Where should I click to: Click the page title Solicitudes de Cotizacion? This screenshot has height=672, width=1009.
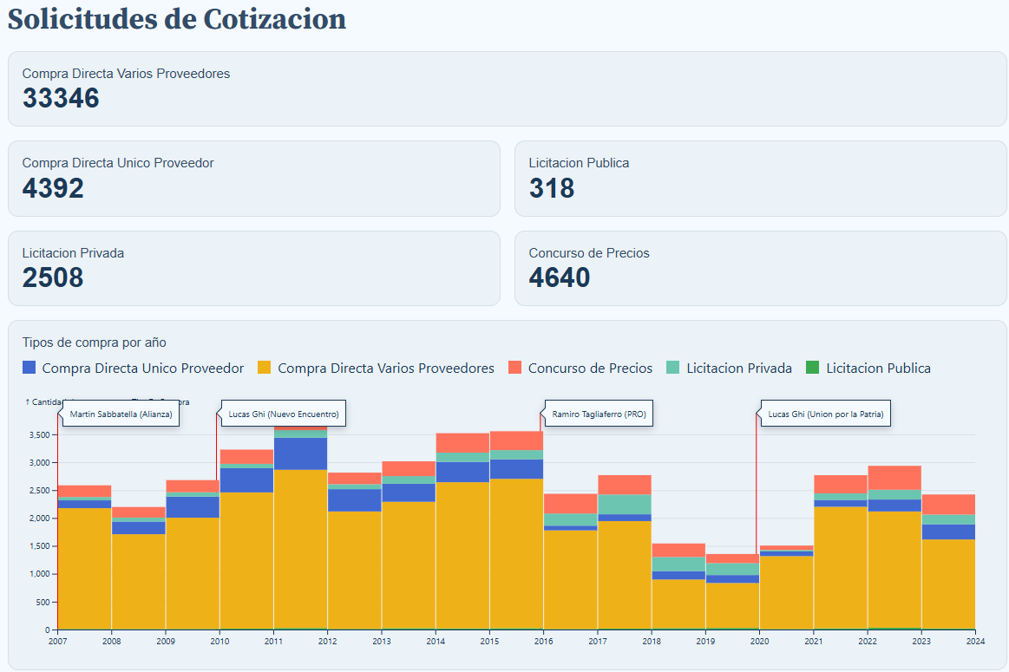click(x=177, y=19)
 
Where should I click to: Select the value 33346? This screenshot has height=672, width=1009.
click(x=61, y=99)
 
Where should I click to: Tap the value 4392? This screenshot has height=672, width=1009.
click(x=53, y=188)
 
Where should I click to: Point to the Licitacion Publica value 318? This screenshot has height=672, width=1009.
click(x=552, y=188)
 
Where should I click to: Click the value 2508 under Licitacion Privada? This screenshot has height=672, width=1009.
click(x=53, y=277)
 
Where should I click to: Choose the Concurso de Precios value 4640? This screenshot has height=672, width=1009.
click(x=560, y=277)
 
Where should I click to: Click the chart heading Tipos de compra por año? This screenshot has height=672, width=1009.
click(x=94, y=343)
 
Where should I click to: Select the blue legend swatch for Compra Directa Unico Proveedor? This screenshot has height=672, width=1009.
click(x=29, y=369)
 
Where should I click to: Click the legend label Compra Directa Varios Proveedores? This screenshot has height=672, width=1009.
click(x=385, y=369)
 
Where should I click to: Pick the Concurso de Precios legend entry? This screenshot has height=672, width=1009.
click(x=590, y=369)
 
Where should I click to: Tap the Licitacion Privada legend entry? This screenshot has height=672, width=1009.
click(x=738, y=369)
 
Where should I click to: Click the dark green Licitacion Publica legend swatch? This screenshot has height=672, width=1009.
click(x=813, y=369)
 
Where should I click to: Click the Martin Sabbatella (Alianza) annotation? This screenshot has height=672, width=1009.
click(x=121, y=414)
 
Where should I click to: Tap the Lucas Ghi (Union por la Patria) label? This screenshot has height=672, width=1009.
click(x=825, y=414)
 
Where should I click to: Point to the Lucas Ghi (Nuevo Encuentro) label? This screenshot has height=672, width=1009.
click(x=285, y=414)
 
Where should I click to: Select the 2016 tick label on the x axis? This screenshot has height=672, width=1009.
click(x=543, y=642)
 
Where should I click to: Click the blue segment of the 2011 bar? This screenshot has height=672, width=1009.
click(x=300, y=453)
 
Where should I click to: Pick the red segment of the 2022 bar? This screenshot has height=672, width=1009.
click(x=894, y=478)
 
